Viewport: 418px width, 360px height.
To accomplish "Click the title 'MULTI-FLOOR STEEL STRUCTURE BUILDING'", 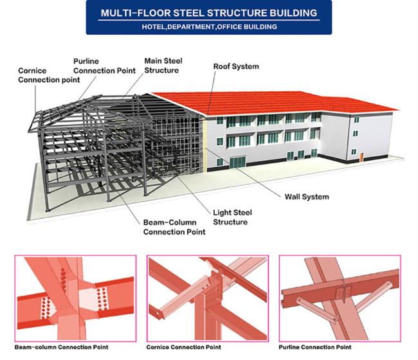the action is pos(209,13).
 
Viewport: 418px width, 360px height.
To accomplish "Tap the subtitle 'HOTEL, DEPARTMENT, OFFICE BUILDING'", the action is pos(209,27).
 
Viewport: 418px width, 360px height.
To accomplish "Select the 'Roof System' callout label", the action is pos(236,66).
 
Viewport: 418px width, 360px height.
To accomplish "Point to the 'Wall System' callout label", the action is pos(307,197).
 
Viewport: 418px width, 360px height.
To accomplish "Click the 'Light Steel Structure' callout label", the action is pos(232,217).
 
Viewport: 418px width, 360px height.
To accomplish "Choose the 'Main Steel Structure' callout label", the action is pos(163,66).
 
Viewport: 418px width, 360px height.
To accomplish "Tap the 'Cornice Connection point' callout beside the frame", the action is pos(49,75).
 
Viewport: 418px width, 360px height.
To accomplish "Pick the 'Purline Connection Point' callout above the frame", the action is pos(104,66).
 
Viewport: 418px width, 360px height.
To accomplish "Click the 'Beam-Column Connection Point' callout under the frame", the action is pos(174,227).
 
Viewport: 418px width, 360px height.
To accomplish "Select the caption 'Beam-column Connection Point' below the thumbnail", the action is pos(61,347).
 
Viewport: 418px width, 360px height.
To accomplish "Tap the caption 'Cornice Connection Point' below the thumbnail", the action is pos(183,347).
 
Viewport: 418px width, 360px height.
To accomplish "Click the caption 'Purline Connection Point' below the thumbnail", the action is pos(315,347).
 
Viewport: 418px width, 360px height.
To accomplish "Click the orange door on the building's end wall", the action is pos(361,157).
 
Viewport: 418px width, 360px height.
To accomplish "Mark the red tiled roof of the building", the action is pos(272,103).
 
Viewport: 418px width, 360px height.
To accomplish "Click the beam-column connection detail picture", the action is pos(75,298).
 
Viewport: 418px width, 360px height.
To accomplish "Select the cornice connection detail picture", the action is pos(208,298).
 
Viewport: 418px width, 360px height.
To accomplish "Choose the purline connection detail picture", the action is pos(340,298).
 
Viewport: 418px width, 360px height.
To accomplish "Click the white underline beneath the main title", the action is pos(209,20).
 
